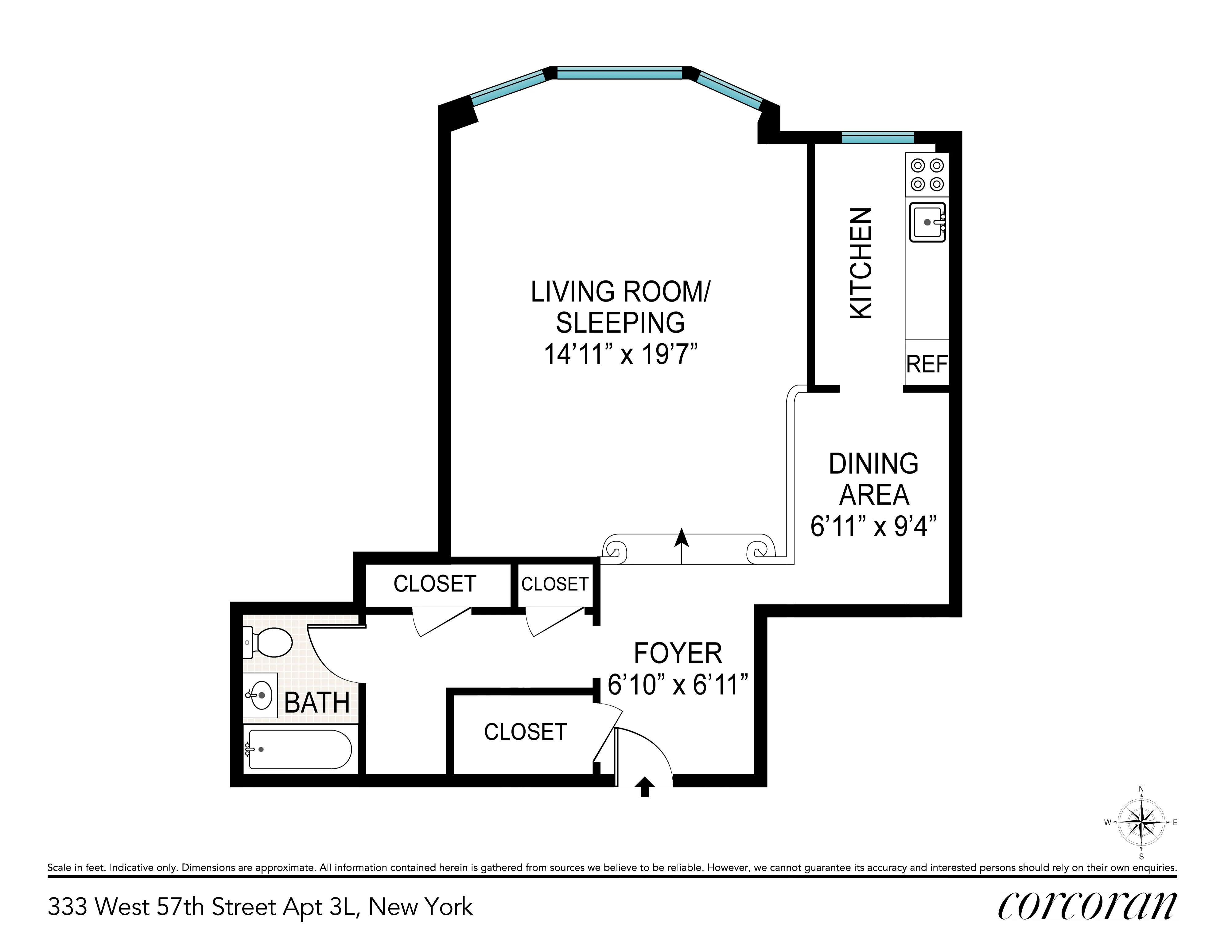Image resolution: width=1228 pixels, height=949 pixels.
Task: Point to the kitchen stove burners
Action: (927, 174)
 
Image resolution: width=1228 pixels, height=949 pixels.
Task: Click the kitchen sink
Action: (927, 222)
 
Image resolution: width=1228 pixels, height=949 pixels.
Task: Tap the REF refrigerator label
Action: (927, 365)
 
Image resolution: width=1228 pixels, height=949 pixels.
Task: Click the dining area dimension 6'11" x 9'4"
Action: (873, 526)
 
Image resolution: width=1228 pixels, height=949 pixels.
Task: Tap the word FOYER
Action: (678, 654)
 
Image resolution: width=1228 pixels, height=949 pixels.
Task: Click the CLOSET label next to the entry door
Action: (525, 732)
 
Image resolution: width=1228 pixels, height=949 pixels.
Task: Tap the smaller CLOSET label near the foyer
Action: (554, 584)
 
